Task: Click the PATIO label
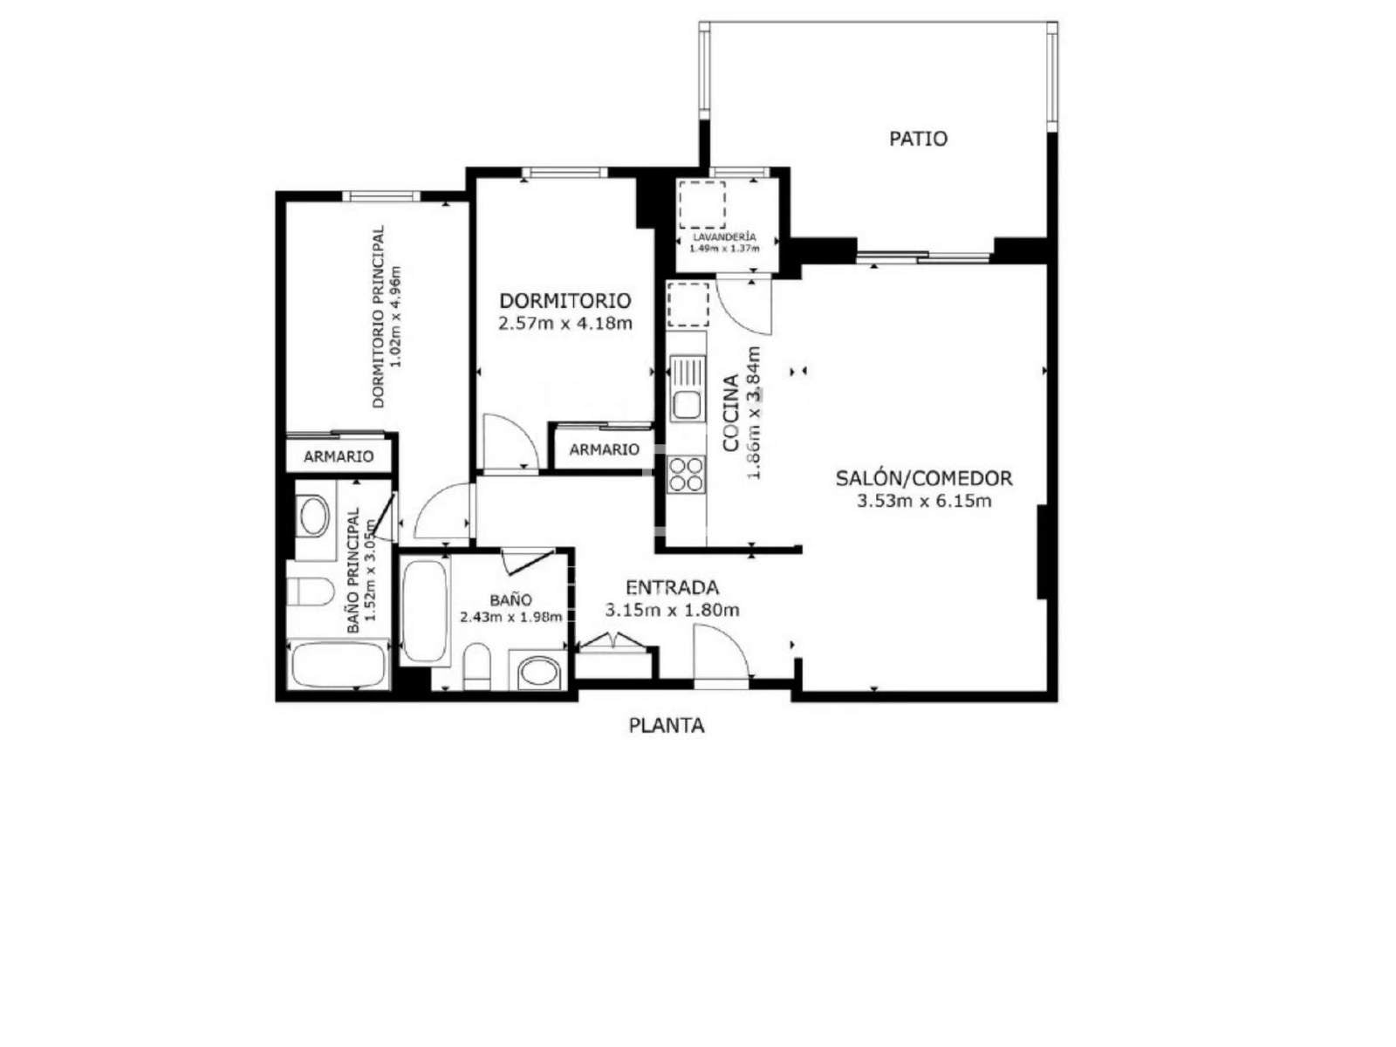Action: pyautogui.click(x=918, y=139)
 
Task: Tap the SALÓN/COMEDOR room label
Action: pyautogui.click(x=923, y=478)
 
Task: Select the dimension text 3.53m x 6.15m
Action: pyautogui.click(x=923, y=502)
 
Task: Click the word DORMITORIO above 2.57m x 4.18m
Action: pyautogui.click(x=565, y=300)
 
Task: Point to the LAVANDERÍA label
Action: pyautogui.click(x=724, y=237)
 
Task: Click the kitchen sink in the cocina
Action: pyautogui.click(x=687, y=389)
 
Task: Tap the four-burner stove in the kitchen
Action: pyautogui.click(x=687, y=475)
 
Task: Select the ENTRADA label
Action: pyautogui.click(x=672, y=587)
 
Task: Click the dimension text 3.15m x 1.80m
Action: pyautogui.click(x=672, y=611)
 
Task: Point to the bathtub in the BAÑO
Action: pyautogui.click(x=425, y=611)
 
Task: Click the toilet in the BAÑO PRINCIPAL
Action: pyautogui.click(x=311, y=592)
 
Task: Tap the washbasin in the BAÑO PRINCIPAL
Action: pyautogui.click(x=313, y=517)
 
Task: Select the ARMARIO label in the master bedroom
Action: pyautogui.click(x=339, y=456)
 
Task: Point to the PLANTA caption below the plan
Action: pyautogui.click(x=666, y=725)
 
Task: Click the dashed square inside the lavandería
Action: pyautogui.click(x=701, y=205)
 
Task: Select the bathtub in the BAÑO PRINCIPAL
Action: pyautogui.click(x=339, y=665)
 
